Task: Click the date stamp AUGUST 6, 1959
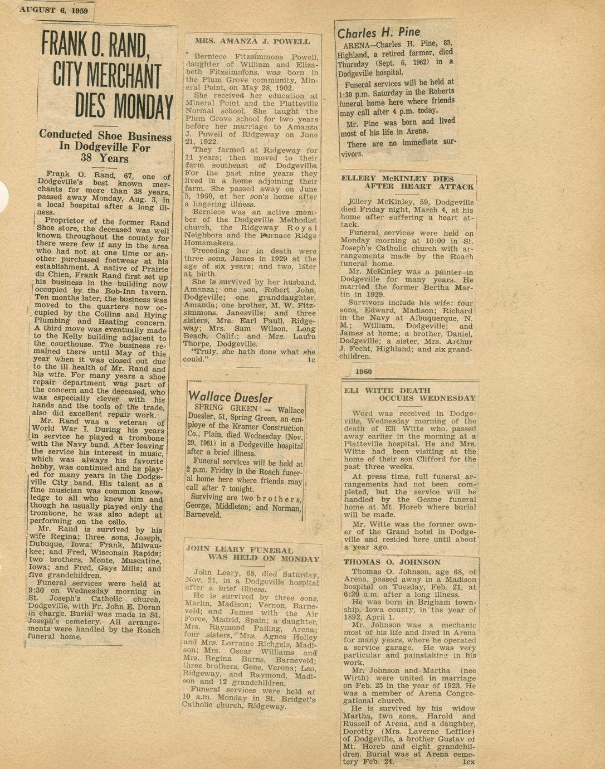click(54, 9)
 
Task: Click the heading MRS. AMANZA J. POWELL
click(252, 41)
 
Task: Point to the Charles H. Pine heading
click(379, 33)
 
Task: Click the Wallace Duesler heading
click(231, 397)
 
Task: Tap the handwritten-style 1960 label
click(363, 372)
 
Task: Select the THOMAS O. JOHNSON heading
click(392, 562)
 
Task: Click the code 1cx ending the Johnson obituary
click(469, 761)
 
